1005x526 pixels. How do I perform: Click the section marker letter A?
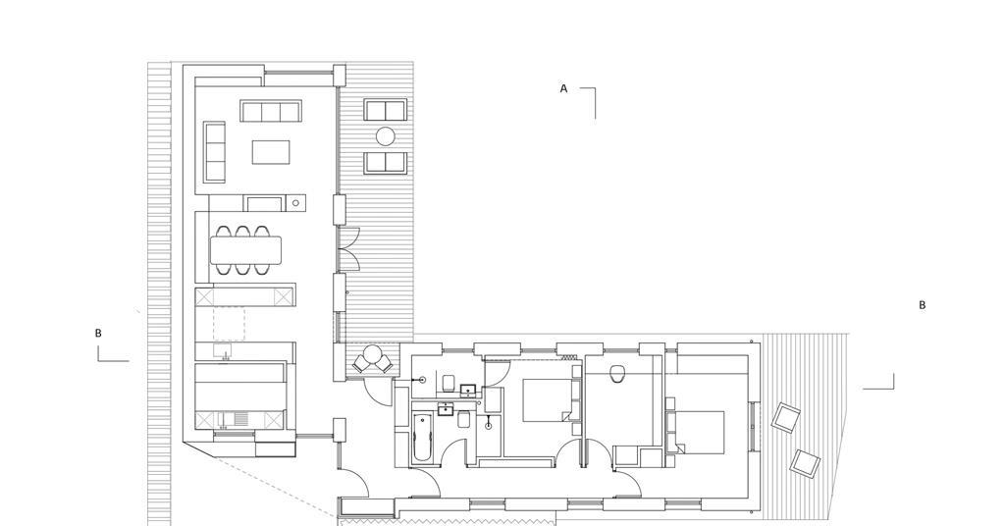tap(563, 88)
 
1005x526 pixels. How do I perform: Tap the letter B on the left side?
tap(98, 334)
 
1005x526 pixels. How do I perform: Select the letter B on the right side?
tap(922, 305)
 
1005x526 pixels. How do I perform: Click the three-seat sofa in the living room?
tap(270, 111)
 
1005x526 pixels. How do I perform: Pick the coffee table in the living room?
tap(271, 152)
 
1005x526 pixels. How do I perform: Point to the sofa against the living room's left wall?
tap(214, 151)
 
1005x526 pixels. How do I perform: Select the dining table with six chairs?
tap(245, 250)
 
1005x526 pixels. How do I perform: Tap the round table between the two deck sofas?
tap(386, 136)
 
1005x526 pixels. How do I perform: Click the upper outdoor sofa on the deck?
tap(386, 110)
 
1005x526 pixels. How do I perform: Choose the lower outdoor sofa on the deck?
tap(386, 162)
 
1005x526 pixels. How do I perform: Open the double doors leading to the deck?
tap(349, 249)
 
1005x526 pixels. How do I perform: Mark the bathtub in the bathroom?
tap(422, 438)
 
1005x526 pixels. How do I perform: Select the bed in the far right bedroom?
tap(699, 432)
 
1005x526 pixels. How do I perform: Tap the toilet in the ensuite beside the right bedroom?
tap(617, 373)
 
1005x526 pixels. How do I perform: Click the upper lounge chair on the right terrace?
tap(785, 417)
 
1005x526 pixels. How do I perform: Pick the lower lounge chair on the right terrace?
tap(805, 462)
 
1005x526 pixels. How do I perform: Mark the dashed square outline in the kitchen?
tap(229, 324)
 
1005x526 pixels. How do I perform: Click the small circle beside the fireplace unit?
tap(296, 204)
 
